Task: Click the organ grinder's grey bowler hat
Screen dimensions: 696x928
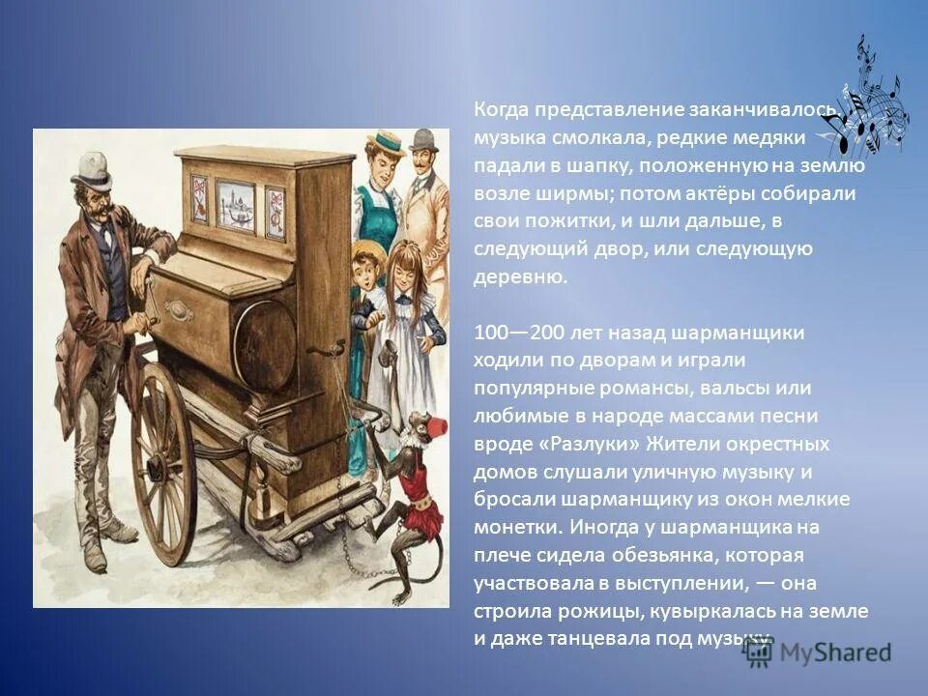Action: click(92, 170)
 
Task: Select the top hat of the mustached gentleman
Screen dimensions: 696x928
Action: click(422, 141)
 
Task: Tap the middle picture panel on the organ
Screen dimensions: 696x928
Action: click(235, 204)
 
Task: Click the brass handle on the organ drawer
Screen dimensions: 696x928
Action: click(179, 310)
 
